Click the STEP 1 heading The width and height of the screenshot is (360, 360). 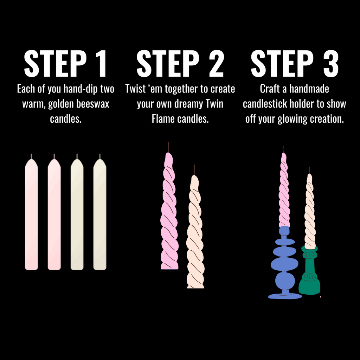[65, 64]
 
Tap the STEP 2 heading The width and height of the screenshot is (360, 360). [180, 64]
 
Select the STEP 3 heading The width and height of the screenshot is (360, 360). [295, 64]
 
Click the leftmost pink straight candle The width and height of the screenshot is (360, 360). [31, 214]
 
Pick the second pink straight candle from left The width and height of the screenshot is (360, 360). [54, 214]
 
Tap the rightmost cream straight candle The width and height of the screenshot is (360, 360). [100, 214]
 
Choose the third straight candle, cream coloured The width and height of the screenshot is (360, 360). [77, 214]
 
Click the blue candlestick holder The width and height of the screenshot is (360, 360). [285, 264]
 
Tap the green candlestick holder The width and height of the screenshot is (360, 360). [309, 274]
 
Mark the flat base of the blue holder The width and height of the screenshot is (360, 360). [285, 296]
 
